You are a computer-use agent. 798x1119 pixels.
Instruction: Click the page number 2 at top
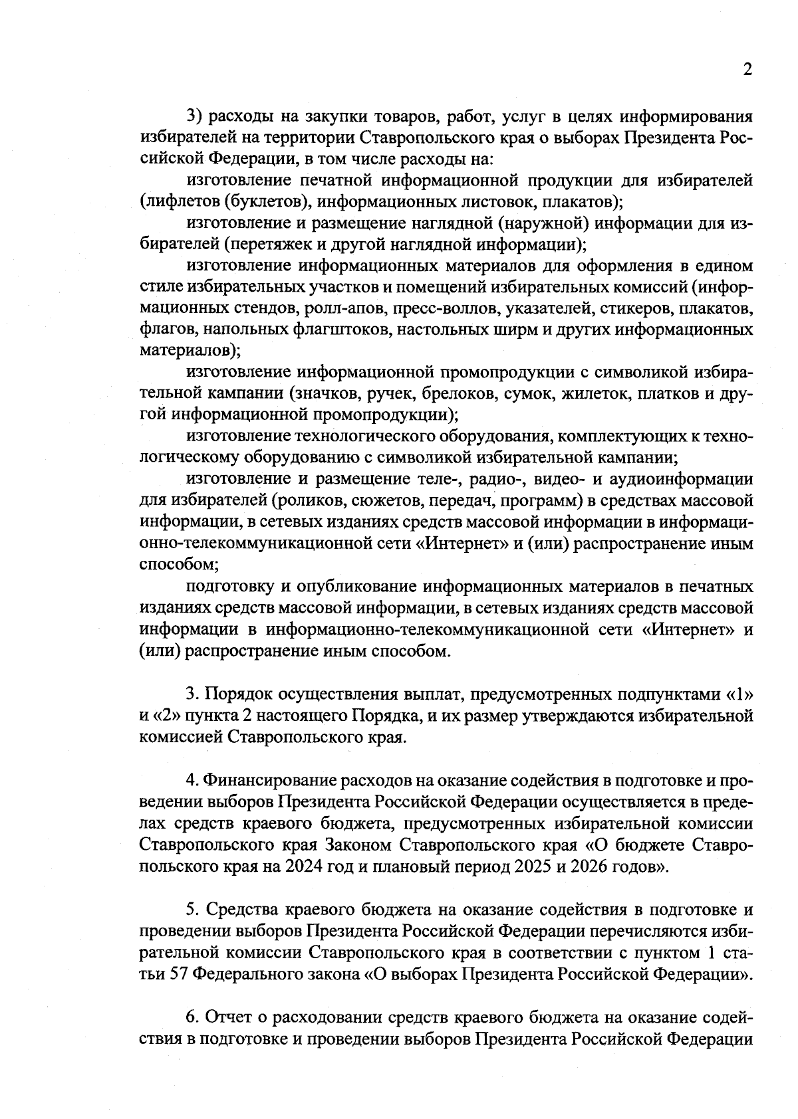(747, 70)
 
